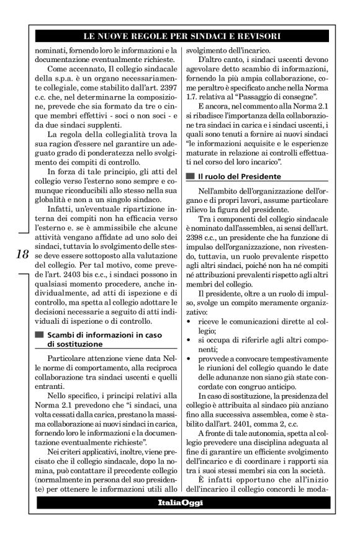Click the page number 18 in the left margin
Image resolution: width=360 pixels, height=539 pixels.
pyautogui.click(x=20, y=254)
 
